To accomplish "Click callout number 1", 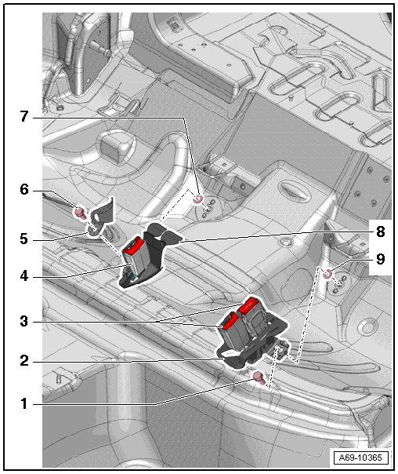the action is pyautogui.click(x=24, y=404).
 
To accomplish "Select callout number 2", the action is pyautogui.click(x=24, y=361).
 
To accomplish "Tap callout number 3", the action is pyautogui.click(x=24, y=321).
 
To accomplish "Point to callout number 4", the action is pyautogui.click(x=24, y=276).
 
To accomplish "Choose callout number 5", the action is pyautogui.click(x=24, y=239).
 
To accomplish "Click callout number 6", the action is pyautogui.click(x=24, y=190).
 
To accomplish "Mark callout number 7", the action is pyautogui.click(x=24, y=116).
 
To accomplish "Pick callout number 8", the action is pyautogui.click(x=381, y=232).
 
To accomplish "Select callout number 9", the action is pyautogui.click(x=381, y=259).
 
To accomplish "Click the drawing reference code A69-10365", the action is pyautogui.click(x=360, y=458).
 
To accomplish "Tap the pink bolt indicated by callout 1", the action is pyautogui.click(x=259, y=378).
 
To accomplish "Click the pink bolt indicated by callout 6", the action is pyautogui.click(x=80, y=212).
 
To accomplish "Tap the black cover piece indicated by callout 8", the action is pyautogui.click(x=165, y=233).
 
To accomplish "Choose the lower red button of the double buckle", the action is pyautogui.click(x=230, y=322).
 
